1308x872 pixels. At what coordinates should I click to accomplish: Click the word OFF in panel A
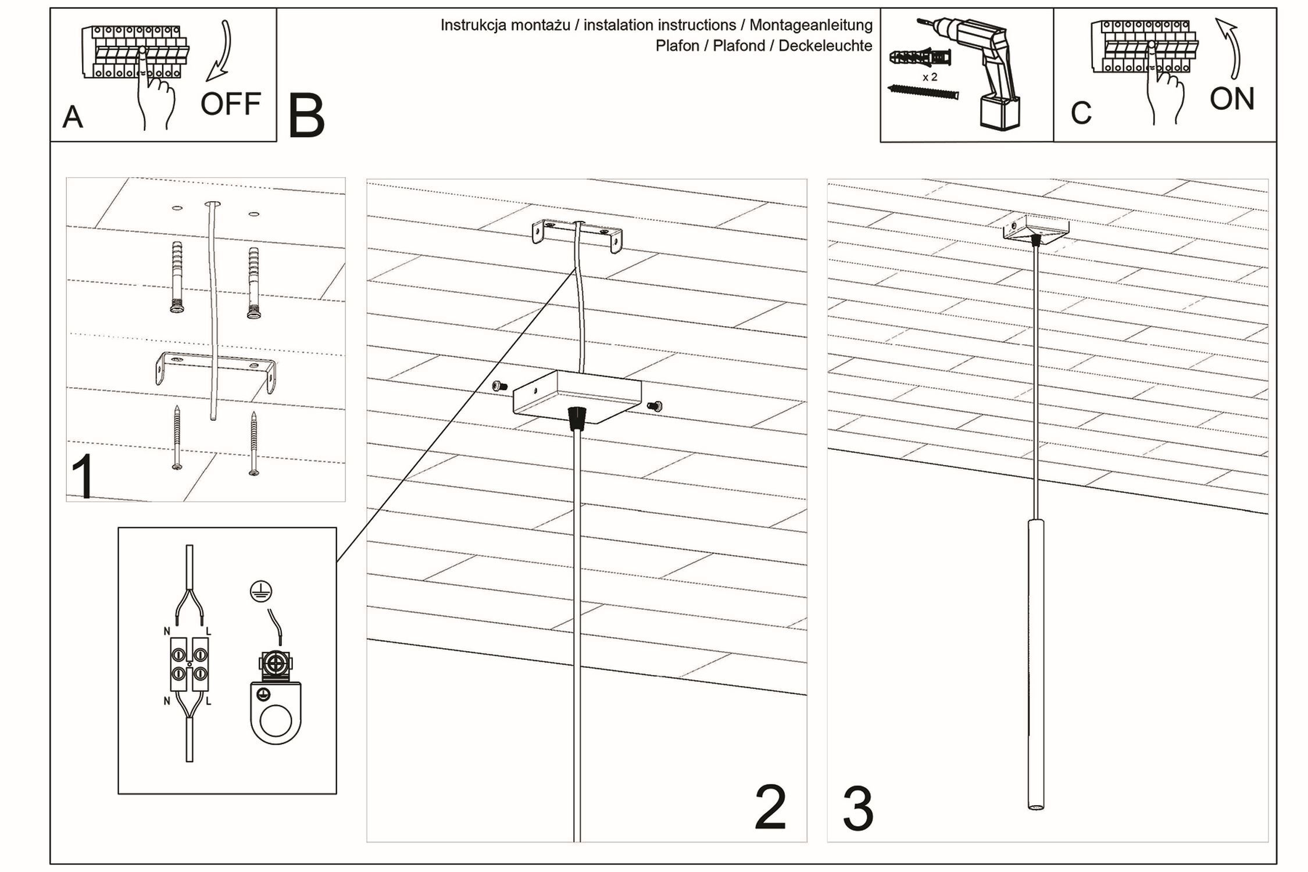(x=230, y=104)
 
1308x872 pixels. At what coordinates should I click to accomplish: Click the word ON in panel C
(x=1231, y=99)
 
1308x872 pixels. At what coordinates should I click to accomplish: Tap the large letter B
(x=306, y=117)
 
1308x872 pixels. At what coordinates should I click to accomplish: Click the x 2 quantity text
(x=930, y=77)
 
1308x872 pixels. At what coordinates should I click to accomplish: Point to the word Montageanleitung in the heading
(x=810, y=25)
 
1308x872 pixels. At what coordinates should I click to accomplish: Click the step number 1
(x=84, y=477)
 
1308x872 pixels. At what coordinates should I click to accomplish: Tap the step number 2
(x=770, y=808)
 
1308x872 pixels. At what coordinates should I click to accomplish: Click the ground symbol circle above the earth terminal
(x=260, y=591)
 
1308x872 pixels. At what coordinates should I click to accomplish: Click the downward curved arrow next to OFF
(x=221, y=52)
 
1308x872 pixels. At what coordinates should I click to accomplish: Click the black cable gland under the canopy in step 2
(x=576, y=417)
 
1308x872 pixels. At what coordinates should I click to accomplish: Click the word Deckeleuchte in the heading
(x=825, y=46)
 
